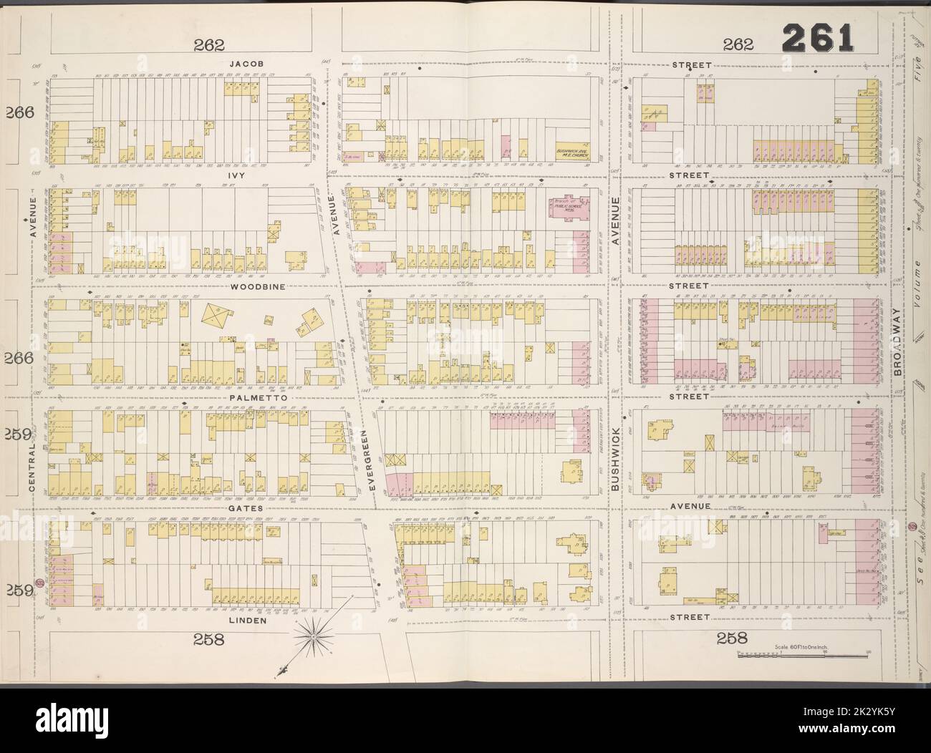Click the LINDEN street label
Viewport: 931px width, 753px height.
pos(247,621)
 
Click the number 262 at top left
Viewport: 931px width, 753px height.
pos(209,44)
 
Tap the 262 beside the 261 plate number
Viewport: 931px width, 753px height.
pos(738,44)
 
